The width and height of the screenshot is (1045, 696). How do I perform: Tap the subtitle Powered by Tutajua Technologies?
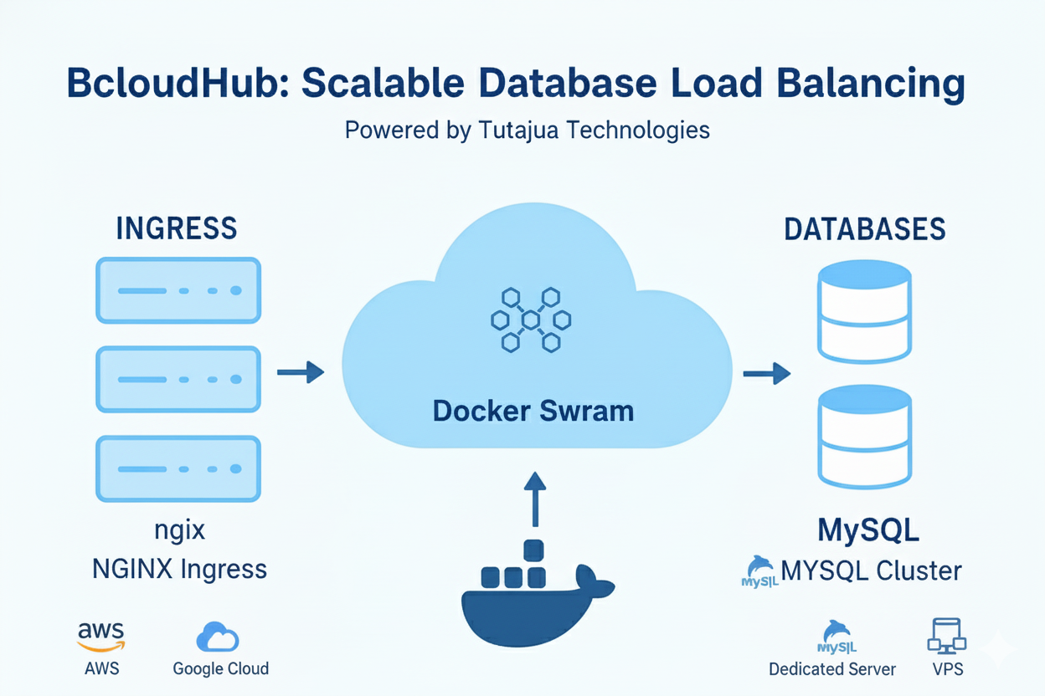527,130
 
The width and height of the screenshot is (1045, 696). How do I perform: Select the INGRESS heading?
177,228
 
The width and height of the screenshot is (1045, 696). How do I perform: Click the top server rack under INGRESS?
178,290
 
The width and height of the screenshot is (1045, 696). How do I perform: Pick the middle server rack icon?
178,379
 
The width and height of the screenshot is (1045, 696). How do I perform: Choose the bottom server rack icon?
178,468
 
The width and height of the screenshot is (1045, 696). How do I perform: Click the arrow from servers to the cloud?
300,372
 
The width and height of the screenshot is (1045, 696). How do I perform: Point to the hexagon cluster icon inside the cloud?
530,319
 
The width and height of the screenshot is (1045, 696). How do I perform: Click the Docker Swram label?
533,411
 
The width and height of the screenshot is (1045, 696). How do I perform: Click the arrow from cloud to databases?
766,372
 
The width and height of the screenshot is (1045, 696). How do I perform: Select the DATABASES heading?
865,229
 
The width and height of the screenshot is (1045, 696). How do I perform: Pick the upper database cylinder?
863,310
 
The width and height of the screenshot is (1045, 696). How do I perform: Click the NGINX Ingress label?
179,570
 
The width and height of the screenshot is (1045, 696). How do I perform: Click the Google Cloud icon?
218,637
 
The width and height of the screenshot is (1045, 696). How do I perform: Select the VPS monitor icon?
946,637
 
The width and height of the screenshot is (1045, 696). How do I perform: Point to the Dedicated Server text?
832,669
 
